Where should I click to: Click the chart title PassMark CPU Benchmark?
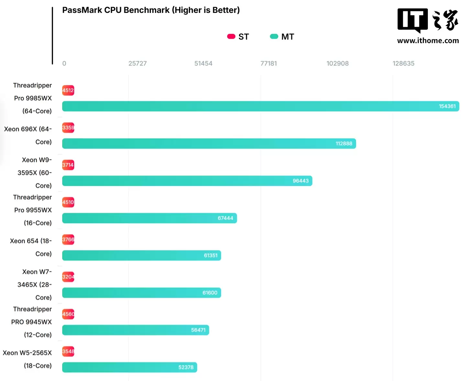(151, 10)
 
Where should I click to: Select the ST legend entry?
(238, 37)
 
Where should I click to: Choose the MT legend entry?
(282, 37)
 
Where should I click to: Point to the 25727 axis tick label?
(138, 64)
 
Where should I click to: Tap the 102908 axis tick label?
(338, 64)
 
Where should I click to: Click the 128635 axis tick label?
(404, 64)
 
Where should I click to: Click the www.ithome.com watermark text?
(428, 41)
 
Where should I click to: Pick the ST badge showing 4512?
(68, 91)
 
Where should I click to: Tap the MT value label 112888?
(344, 144)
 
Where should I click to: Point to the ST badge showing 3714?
(68, 165)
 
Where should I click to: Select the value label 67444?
(225, 218)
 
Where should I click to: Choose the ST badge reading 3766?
(68, 240)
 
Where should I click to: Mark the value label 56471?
(198, 330)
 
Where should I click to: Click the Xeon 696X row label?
(28, 136)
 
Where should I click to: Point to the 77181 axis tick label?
(269, 64)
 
